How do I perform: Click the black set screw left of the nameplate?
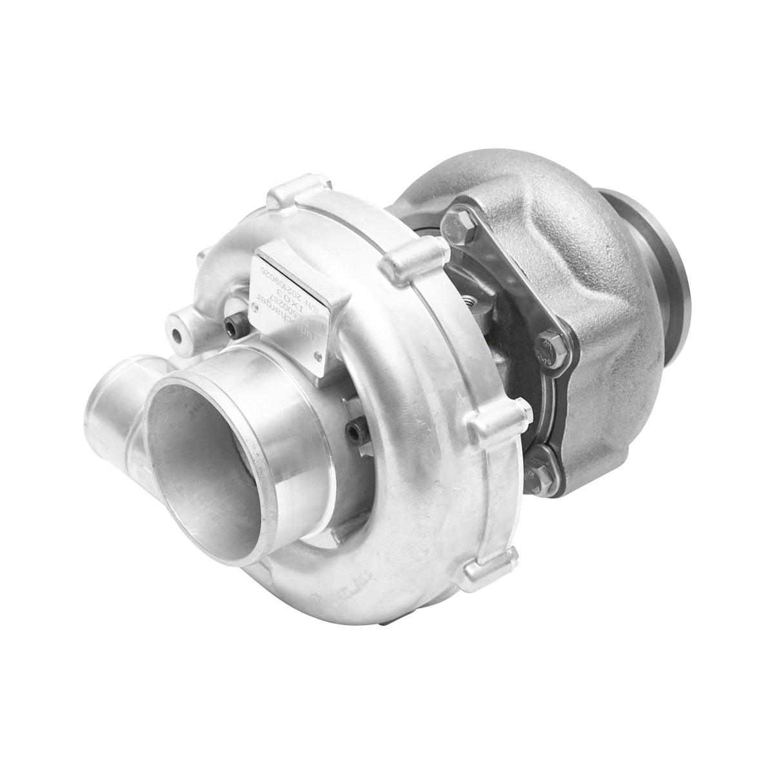[232, 330]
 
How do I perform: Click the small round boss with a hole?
[176, 336]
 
